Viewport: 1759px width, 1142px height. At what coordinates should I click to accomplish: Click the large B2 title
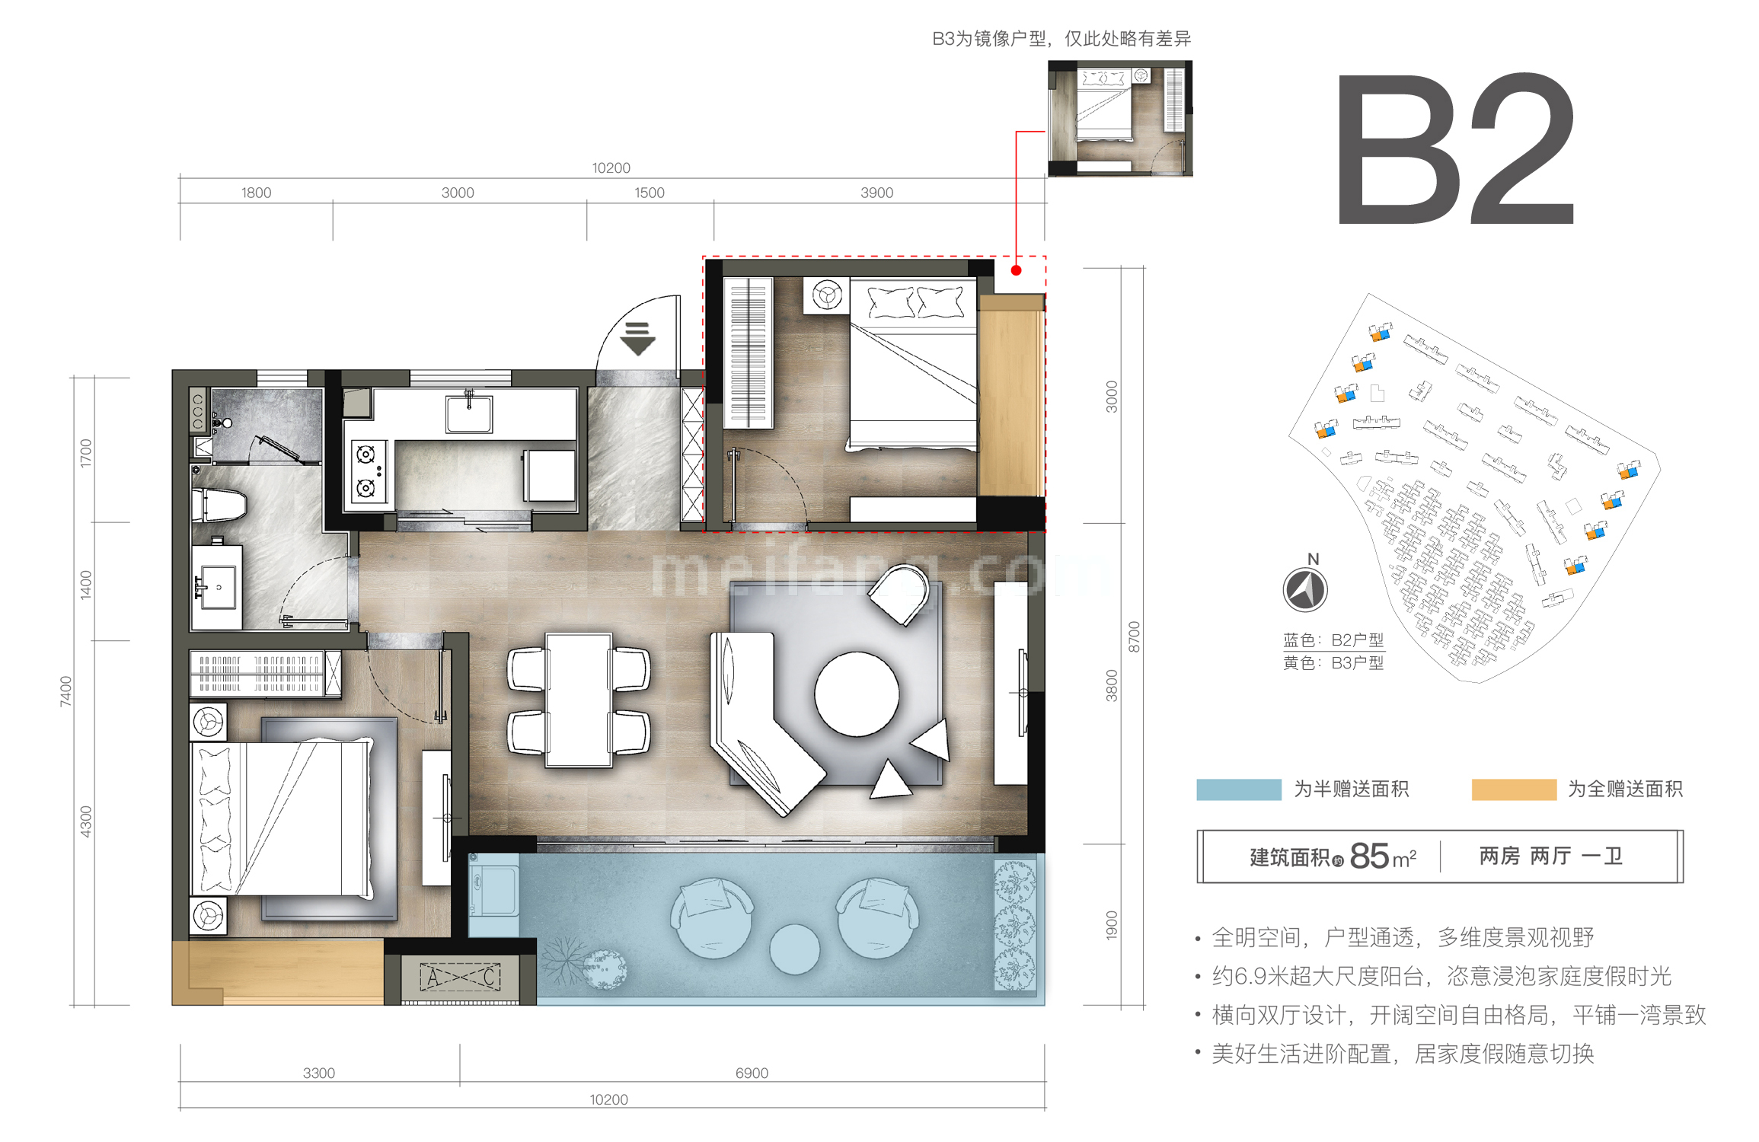click(x=1454, y=148)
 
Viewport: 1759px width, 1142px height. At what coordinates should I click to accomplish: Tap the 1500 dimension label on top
click(x=649, y=193)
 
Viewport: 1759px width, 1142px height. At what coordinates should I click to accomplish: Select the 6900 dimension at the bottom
click(x=752, y=1073)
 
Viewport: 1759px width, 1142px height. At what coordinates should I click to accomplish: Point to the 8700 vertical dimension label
click(x=1134, y=636)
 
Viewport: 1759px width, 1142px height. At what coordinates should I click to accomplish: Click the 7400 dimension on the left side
click(x=66, y=691)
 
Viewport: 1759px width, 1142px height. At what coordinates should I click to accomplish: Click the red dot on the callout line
click(x=1016, y=270)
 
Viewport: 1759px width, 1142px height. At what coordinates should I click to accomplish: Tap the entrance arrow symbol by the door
click(x=637, y=338)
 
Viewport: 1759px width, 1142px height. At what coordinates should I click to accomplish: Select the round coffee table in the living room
click(x=857, y=694)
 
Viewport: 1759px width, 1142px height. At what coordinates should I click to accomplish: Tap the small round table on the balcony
click(x=794, y=949)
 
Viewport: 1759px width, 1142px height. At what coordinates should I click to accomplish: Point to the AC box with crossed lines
click(x=461, y=977)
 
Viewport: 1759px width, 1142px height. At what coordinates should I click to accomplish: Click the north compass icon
click(x=1305, y=590)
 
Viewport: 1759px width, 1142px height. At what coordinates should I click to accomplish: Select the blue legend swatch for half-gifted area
click(x=1238, y=790)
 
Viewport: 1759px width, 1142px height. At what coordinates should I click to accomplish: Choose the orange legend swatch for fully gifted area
click(x=1513, y=790)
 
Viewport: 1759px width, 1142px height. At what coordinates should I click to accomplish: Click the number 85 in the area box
click(x=1369, y=856)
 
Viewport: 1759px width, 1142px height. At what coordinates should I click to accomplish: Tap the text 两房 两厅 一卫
click(x=1550, y=856)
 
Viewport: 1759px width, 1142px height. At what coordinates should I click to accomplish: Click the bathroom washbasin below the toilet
click(x=217, y=587)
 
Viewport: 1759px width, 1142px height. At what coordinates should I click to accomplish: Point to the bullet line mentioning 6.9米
click(x=1441, y=976)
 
